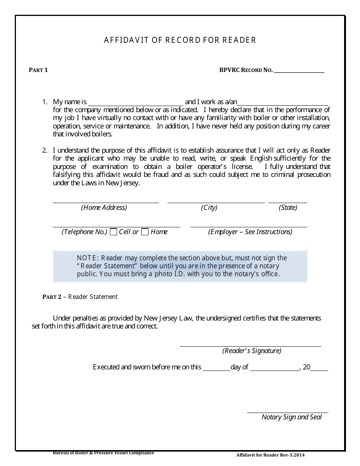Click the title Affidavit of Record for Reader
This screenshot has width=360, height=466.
pyautogui.click(x=180, y=40)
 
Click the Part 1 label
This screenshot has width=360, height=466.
pyautogui.click(x=38, y=70)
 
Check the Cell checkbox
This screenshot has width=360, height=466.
pyautogui.click(x=113, y=232)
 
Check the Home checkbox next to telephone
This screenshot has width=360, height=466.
pyautogui.click(x=145, y=232)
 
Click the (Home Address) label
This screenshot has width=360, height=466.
pyautogui.click(x=104, y=208)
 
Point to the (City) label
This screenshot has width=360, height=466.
pyautogui.click(x=209, y=208)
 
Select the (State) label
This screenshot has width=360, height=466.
pyautogui.click(x=288, y=208)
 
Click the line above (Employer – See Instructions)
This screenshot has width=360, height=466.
pyautogui.click(x=249, y=227)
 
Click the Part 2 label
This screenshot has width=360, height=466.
pyautogui.click(x=52, y=297)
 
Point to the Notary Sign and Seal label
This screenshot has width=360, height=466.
pyautogui.click(x=291, y=417)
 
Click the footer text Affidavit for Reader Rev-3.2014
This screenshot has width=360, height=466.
pyautogui.click(x=270, y=455)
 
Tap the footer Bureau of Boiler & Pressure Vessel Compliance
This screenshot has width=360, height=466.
pyautogui.click(x=103, y=452)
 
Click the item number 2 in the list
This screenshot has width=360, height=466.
pyautogui.click(x=45, y=150)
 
